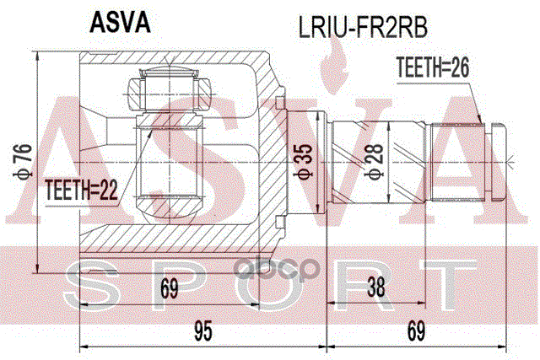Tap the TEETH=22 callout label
81,191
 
